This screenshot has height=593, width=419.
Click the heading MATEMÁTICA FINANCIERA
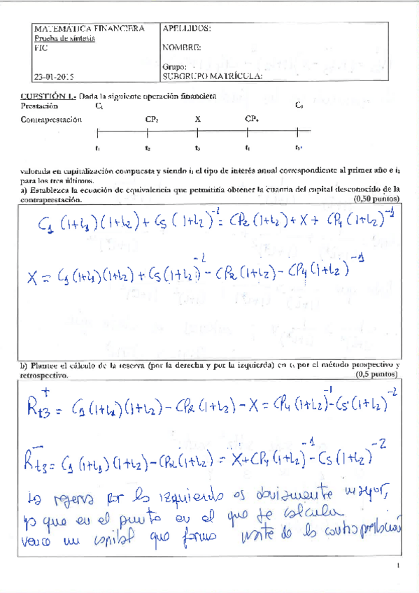tap(89, 29)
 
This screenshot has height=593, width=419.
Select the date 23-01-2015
tap(54, 76)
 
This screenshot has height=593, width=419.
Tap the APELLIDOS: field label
tap(186, 29)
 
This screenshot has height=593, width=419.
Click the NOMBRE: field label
tap(182, 48)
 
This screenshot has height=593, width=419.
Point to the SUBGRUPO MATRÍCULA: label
tap(212, 76)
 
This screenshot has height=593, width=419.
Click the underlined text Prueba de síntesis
tap(64, 39)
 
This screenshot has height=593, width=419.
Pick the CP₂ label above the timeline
tap(152, 120)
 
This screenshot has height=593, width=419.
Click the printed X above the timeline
tap(198, 120)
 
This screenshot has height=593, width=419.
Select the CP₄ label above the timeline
tap(252, 120)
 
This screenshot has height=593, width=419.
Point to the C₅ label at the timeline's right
tap(299, 106)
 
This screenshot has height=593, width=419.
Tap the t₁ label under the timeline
tap(97, 148)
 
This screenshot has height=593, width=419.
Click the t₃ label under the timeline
tap(198, 148)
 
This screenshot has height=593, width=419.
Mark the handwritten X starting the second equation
tap(32, 278)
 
